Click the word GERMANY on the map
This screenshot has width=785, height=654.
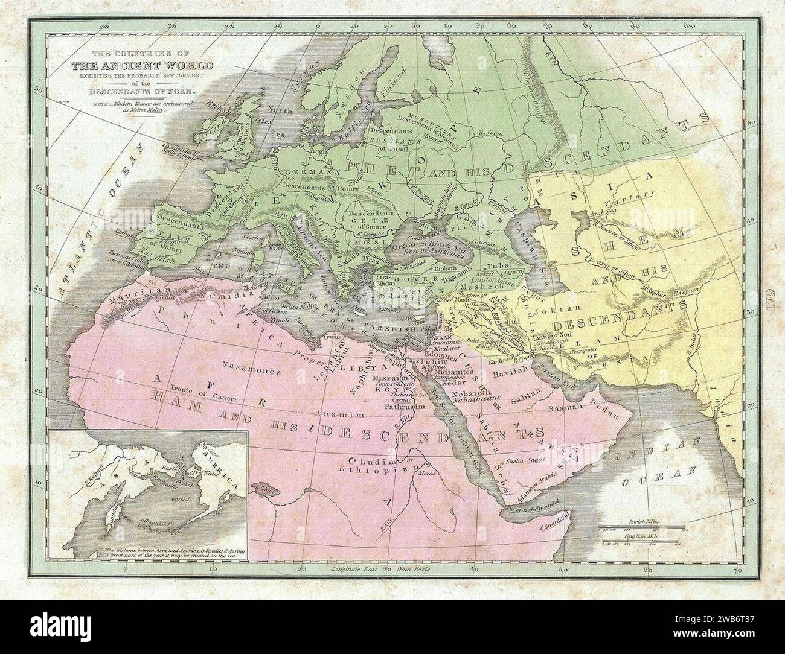tap(305, 172)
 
